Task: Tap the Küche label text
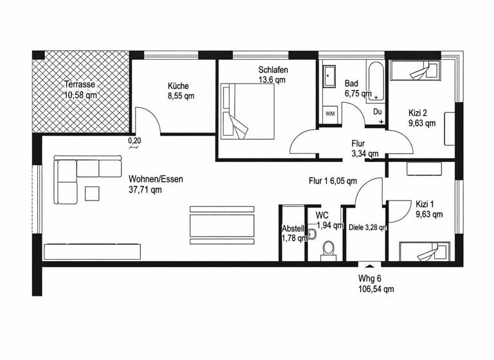tap(178, 85)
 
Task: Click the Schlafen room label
tap(273, 69)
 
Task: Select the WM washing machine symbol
tap(330, 114)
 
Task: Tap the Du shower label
tap(378, 112)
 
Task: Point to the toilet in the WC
tap(329, 249)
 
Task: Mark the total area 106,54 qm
tap(376, 289)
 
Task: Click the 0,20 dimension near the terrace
tap(134, 140)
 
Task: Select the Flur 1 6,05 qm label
tap(333, 181)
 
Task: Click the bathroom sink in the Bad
tap(330, 76)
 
